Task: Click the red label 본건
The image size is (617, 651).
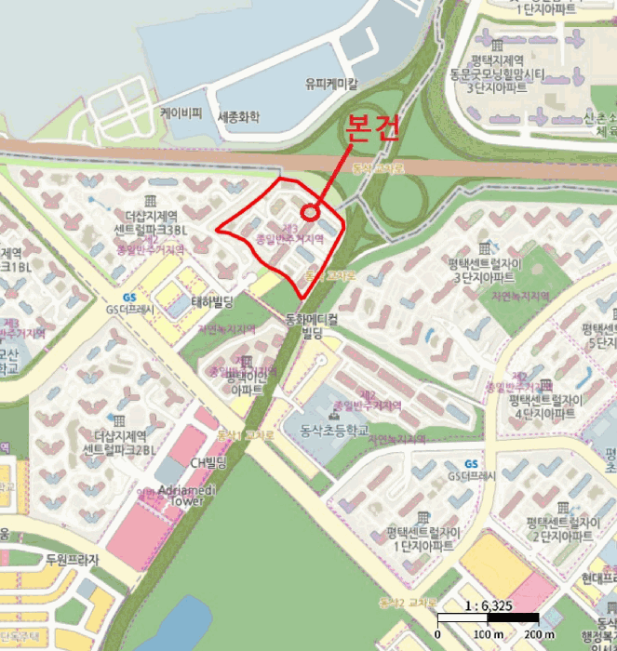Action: tap(371, 127)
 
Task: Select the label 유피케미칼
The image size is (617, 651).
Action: tap(330, 84)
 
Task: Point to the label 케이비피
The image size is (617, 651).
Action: tap(181, 113)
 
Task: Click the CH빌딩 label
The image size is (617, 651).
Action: tap(208, 462)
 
